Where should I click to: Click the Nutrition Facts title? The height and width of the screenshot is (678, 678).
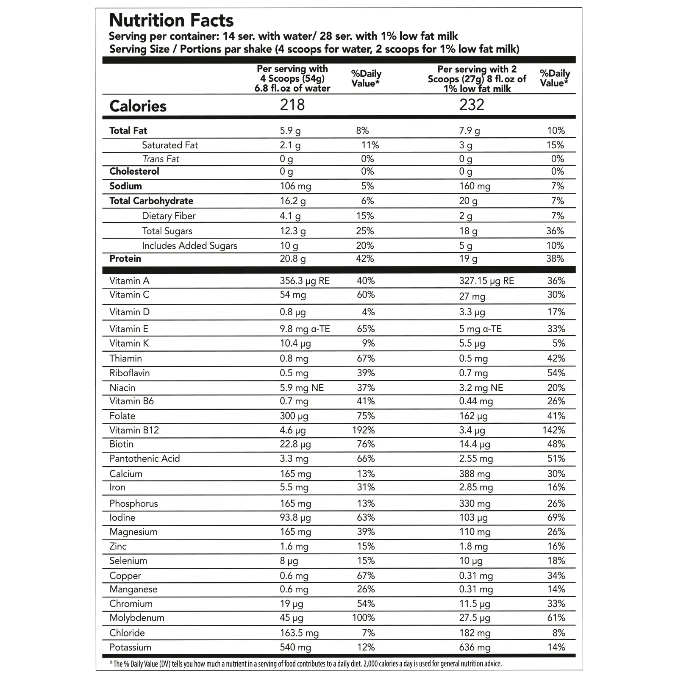coord(171,20)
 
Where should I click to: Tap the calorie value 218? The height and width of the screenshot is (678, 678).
coord(292,105)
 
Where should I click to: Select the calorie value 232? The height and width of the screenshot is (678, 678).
coord(471,105)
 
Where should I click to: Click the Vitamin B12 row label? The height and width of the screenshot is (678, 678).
coord(134,430)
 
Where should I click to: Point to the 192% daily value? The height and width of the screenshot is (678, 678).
coord(363,430)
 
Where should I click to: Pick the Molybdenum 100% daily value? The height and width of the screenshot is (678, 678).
coord(363,617)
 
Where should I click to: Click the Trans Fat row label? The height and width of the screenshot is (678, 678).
coord(161,159)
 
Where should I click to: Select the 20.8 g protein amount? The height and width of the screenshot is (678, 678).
coord(292,258)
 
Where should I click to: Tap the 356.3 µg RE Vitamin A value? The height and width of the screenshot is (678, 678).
coord(304,281)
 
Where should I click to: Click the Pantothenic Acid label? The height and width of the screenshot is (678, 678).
coord(144,458)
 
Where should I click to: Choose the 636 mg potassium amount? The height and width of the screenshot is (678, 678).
coord(475,647)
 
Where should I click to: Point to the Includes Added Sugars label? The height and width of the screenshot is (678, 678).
coord(189,246)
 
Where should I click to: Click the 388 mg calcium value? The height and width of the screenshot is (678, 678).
coord(475,474)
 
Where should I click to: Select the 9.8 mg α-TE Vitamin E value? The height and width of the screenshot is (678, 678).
coord(304,329)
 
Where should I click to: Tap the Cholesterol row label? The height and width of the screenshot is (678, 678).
coord(134,171)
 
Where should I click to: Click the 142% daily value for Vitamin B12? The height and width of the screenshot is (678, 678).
coord(553,430)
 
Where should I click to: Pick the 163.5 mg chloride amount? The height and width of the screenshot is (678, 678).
coord(299,633)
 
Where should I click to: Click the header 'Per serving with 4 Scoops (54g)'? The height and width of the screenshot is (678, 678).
coord(292,78)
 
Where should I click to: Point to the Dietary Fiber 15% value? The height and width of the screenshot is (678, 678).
coord(365,216)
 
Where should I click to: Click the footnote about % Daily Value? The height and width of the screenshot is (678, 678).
coord(305,664)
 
